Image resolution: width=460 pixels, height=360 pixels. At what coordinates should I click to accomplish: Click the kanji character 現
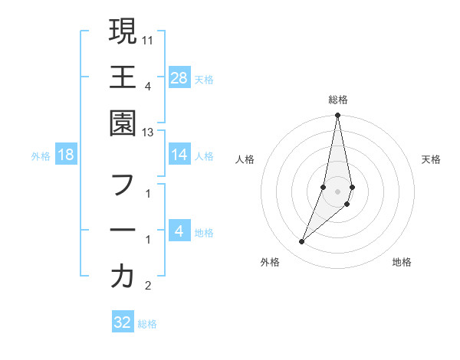[123, 31]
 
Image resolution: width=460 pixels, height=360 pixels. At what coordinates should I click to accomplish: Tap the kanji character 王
[123, 77]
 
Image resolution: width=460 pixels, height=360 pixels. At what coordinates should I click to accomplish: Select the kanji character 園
[123, 123]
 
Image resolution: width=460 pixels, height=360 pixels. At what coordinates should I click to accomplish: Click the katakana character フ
[123, 185]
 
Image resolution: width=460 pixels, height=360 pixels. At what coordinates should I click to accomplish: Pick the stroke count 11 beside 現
[149, 38]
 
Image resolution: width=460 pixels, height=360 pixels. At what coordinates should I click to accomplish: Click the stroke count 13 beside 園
[149, 133]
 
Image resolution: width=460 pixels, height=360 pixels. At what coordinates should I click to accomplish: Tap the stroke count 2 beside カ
[148, 286]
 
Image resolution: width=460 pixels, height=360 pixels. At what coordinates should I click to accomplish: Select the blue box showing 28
[179, 77]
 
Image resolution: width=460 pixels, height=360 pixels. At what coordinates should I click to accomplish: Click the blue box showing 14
[179, 155]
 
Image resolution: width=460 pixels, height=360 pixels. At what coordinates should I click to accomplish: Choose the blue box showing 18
[66, 155]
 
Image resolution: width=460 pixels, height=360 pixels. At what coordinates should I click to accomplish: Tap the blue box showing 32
[123, 322]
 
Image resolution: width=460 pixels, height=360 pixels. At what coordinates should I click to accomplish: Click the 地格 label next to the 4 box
[204, 233]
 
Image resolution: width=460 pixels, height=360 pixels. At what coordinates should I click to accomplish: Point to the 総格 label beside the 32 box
[147, 324]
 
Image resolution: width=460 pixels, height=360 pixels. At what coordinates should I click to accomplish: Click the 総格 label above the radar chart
[337, 100]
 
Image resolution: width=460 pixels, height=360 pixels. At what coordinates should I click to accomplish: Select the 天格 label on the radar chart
[431, 159]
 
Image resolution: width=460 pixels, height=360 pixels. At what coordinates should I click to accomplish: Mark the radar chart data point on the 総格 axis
[337, 116]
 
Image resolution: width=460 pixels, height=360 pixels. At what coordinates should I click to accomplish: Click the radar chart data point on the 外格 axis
[302, 242]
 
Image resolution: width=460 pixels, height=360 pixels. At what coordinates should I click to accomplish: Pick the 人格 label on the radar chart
[245, 159]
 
